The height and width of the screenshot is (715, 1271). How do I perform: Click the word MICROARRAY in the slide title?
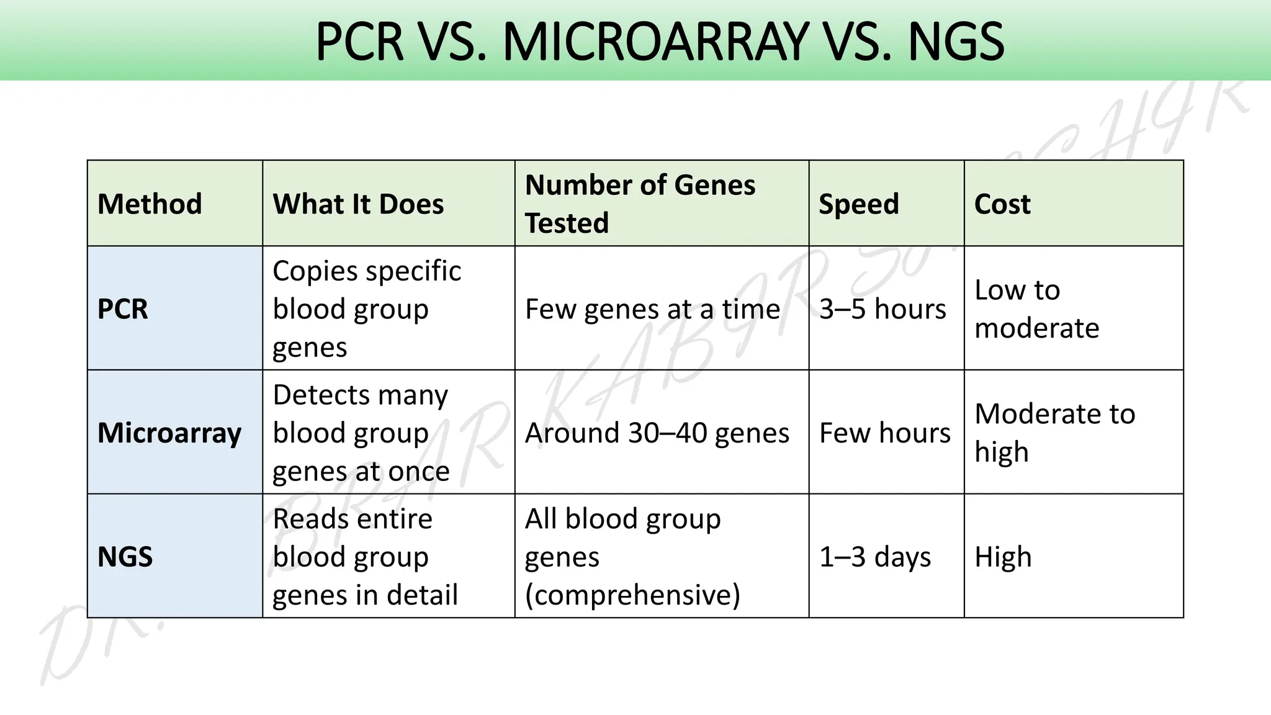coord(656,42)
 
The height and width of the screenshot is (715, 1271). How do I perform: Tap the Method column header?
coord(150,204)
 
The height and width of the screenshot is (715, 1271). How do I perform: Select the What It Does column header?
coord(358,204)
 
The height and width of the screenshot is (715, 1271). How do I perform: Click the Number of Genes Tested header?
coord(640,204)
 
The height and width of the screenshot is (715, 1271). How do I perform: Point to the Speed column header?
coord(858,204)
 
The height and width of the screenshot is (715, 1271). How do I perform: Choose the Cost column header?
coord(1002,204)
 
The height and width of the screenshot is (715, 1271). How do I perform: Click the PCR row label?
coord(123,309)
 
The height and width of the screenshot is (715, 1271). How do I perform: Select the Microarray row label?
coord(169,433)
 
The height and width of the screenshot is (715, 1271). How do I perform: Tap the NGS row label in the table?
coord(125,557)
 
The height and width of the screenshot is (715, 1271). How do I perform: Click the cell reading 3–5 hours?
coord(883,309)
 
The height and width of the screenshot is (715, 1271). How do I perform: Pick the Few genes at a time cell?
coord(652,309)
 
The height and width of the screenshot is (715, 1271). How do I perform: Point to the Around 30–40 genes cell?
coord(657,433)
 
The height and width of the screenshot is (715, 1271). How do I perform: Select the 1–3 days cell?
coord(875,557)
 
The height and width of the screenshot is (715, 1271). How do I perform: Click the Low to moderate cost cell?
coord(1036,309)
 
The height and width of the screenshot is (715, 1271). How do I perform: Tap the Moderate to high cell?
coord(1054,433)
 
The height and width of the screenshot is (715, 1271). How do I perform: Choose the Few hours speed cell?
coord(884,433)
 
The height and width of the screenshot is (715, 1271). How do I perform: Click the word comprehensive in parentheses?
coord(632,595)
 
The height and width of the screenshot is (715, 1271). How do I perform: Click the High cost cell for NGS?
coord(1003,557)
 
